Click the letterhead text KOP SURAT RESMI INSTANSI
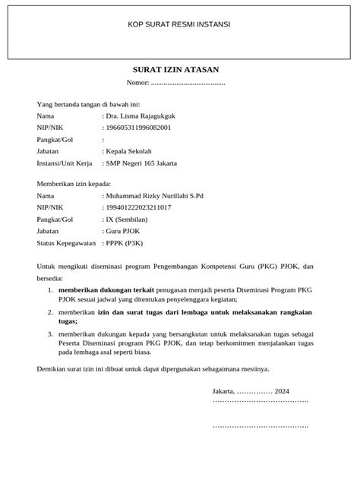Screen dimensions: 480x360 click(179, 25)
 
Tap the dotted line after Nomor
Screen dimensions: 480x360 click(188, 82)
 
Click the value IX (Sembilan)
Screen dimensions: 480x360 click(131, 219)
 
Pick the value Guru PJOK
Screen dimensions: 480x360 click(126, 232)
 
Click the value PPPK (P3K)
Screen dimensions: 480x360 click(125, 244)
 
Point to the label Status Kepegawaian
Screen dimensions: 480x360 click(66, 244)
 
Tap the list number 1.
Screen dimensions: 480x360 click(49, 289)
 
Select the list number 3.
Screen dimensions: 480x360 click(49, 333)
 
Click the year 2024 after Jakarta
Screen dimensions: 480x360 click(283, 390)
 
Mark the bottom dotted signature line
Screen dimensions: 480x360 click(260, 428)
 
